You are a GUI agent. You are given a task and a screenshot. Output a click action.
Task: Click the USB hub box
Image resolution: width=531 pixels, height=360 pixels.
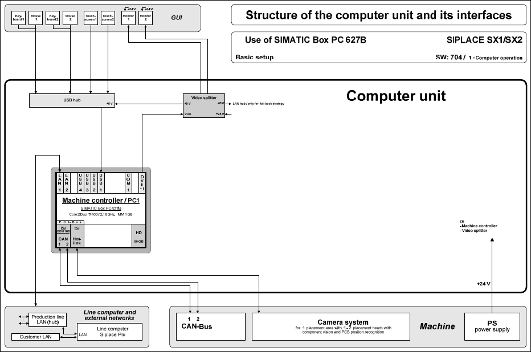tap(71, 100)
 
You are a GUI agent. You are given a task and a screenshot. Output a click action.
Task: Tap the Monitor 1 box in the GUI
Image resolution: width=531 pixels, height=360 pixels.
tap(129, 19)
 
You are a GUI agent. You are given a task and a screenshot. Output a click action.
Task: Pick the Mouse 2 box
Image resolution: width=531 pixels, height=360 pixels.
tap(70, 19)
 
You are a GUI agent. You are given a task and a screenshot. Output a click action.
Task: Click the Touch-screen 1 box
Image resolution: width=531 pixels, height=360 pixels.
tap(91, 19)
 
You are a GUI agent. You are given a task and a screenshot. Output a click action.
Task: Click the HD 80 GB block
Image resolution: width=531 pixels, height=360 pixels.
tap(138, 236)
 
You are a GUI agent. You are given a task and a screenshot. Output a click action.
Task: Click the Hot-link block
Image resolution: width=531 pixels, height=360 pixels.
tap(76, 240)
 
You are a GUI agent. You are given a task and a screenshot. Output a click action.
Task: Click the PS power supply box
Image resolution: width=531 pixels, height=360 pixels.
tap(492, 326)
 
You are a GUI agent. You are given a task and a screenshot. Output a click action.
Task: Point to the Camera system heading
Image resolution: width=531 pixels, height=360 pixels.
tap(342, 322)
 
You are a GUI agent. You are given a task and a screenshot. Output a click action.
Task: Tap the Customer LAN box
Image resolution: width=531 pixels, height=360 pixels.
tap(35, 337)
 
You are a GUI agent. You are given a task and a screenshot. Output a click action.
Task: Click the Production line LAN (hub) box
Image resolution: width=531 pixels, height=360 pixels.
tap(48, 320)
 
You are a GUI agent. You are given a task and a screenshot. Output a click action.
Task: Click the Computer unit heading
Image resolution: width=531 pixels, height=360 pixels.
tap(396, 96)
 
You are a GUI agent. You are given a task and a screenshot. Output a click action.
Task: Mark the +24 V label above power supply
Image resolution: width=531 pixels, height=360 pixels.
tap(483, 284)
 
